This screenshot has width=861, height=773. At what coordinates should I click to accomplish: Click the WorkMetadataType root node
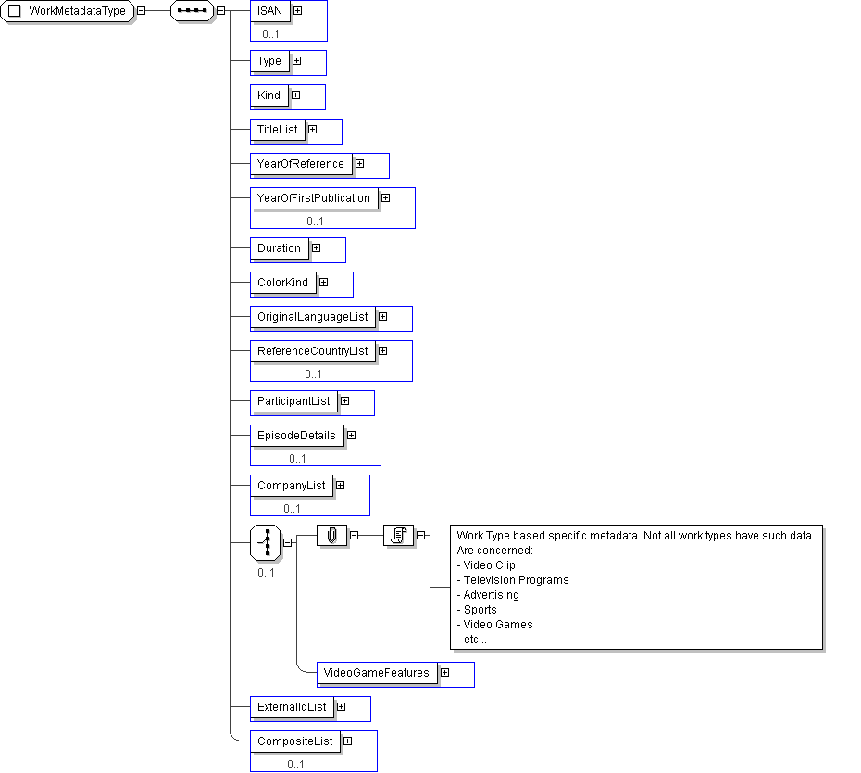pyautogui.click(x=67, y=11)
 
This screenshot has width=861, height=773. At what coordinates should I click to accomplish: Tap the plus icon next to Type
pyautogui.click(x=297, y=61)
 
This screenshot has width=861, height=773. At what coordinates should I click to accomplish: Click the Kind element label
pyautogui.click(x=269, y=95)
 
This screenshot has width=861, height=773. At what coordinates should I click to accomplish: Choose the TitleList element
pyautogui.click(x=278, y=130)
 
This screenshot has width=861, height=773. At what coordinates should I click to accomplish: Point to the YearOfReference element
pyautogui.click(x=301, y=164)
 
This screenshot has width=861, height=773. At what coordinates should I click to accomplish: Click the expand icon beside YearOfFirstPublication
pyautogui.click(x=386, y=198)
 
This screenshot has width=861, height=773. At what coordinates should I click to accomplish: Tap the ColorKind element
pyautogui.click(x=283, y=283)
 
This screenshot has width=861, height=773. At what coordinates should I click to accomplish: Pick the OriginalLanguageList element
pyautogui.click(x=313, y=317)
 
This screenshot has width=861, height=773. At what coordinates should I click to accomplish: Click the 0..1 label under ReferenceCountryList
pyautogui.click(x=314, y=374)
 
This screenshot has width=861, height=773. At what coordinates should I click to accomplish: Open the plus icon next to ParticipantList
pyautogui.click(x=344, y=401)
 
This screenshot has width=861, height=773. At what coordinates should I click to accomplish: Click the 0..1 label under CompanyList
pyautogui.click(x=293, y=509)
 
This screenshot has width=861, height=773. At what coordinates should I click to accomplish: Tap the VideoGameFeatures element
pyautogui.click(x=377, y=673)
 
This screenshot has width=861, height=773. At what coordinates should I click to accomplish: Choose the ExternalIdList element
pyautogui.click(x=293, y=707)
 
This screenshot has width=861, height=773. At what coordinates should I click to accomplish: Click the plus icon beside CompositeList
pyautogui.click(x=347, y=741)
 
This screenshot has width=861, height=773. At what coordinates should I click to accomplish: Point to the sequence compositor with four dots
pyautogui.click(x=193, y=11)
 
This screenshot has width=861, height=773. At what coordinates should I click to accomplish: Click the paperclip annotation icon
pyautogui.click(x=332, y=536)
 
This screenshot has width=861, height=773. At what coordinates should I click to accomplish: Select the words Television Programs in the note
pyautogui.click(x=517, y=580)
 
